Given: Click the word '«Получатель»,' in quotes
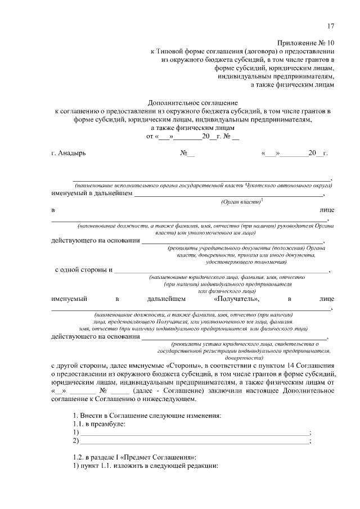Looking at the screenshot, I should (237, 299).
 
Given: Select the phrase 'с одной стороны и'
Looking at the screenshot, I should (83, 270).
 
